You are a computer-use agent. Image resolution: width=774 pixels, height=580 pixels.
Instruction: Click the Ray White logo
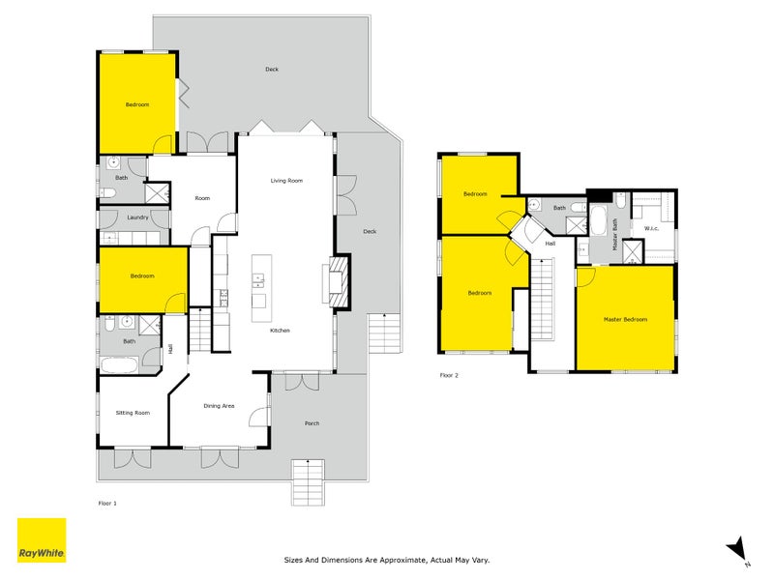point(42,540)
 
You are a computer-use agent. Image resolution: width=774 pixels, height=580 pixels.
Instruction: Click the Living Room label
point(286,181)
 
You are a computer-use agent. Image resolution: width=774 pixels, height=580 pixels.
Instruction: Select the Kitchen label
point(280,331)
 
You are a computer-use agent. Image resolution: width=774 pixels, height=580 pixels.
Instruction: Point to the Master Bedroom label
point(625,320)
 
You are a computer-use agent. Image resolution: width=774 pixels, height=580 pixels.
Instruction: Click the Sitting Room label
point(133,413)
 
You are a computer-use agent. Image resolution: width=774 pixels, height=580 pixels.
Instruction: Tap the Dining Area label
point(219,406)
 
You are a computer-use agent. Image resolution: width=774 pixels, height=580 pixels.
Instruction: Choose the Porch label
point(312,423)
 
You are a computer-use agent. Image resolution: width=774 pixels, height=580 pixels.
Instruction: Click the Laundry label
point(137,217)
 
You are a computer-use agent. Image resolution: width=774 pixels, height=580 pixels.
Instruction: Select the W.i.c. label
point(651,228)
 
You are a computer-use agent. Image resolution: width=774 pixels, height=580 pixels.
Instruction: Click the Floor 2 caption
point(449,375)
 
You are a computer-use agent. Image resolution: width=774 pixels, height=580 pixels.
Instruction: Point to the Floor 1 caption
point(107,504)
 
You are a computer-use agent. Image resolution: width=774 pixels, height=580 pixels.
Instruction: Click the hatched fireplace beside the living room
point(340,281)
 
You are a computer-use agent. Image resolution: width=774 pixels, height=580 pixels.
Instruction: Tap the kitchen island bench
point(261,288)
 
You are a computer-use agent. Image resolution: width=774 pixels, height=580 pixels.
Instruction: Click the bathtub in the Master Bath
point(598,220)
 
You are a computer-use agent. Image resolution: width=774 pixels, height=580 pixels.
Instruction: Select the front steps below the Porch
point(308,482)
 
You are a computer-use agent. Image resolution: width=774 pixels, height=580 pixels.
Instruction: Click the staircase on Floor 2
point(543,300)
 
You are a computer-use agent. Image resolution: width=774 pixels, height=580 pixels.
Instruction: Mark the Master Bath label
point(615,234)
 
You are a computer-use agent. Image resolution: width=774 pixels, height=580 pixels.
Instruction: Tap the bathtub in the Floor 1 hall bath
point(119,365)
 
